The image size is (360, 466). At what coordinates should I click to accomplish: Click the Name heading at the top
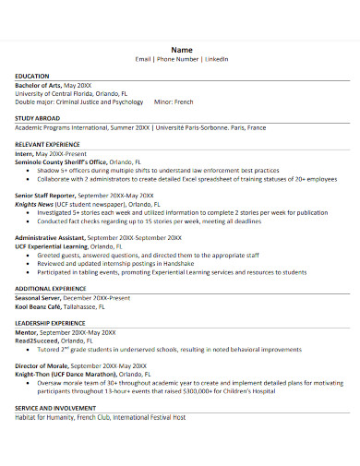180,49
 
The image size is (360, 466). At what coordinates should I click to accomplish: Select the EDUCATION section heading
32,76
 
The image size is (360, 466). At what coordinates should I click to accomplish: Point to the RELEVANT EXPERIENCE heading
46,144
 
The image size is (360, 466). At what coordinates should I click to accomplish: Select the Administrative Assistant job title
47,237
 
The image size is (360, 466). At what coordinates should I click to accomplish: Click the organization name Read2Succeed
35,339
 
